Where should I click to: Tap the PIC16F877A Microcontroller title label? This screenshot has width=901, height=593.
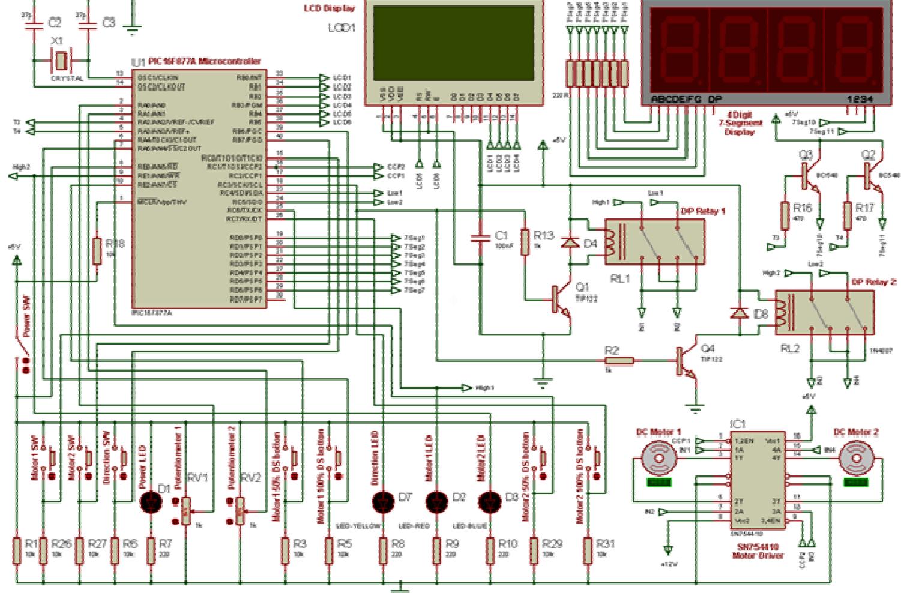tap(204, 61)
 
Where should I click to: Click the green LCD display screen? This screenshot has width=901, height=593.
tap(453, 43)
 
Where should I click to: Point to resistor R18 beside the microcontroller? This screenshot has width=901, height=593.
tap(97, 251)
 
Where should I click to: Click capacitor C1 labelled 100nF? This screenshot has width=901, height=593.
tap(480, 238)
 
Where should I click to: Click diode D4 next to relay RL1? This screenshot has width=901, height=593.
tap(570, 243)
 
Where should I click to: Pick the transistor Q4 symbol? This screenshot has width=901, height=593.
tap(684, 361)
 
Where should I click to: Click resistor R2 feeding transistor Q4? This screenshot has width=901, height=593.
tap(619, 361)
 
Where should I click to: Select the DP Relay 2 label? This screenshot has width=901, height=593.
tap(874, 282)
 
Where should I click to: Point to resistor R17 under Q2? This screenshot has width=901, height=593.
tap(847, 216)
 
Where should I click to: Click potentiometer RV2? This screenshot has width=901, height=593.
tap(240, 511)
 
